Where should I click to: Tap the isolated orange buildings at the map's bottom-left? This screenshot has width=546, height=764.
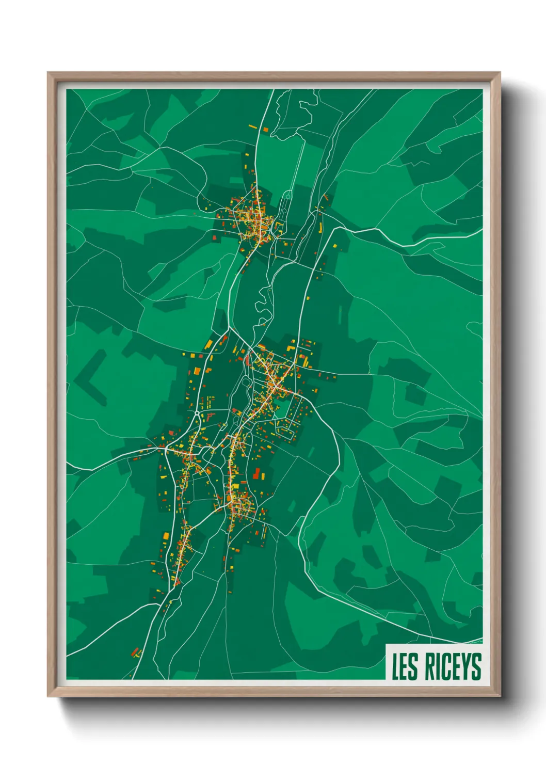[x=136, y=652]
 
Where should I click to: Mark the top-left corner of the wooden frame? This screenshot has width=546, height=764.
[x=48, y=73]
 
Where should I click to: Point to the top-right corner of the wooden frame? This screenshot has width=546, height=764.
[x=500, y=73]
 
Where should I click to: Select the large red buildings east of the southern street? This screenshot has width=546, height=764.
[x=258, y=473]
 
